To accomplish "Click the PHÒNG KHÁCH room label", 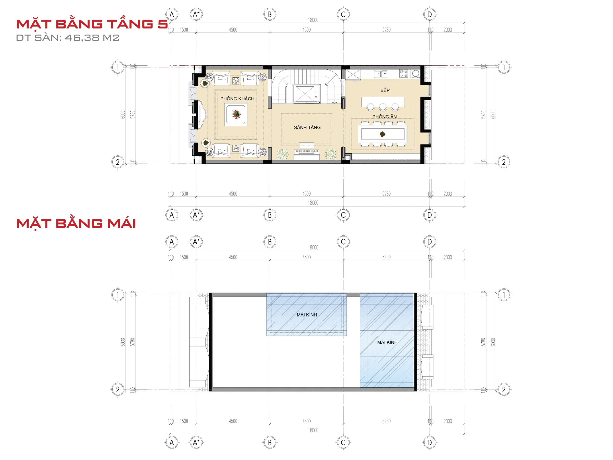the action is point(237,99).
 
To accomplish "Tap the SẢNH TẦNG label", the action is point(307,127).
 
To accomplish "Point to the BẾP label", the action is point(385,90).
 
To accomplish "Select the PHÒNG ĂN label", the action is point(384,117).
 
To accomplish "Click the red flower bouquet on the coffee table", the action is point(236,114).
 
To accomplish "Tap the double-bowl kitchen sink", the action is point(381,74).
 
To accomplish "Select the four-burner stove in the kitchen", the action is point(403,74).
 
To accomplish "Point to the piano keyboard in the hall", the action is point(306,151).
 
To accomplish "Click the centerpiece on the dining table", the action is point(383,134).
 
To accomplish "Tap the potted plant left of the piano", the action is point(282,154).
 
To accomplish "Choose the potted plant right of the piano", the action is point(331,154).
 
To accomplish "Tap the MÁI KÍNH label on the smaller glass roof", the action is point(306,315).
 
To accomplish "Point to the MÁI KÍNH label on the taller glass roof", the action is point(387,342).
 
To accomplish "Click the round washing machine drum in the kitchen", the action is point(415,74).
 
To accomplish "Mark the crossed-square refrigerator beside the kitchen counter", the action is point(353,75).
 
